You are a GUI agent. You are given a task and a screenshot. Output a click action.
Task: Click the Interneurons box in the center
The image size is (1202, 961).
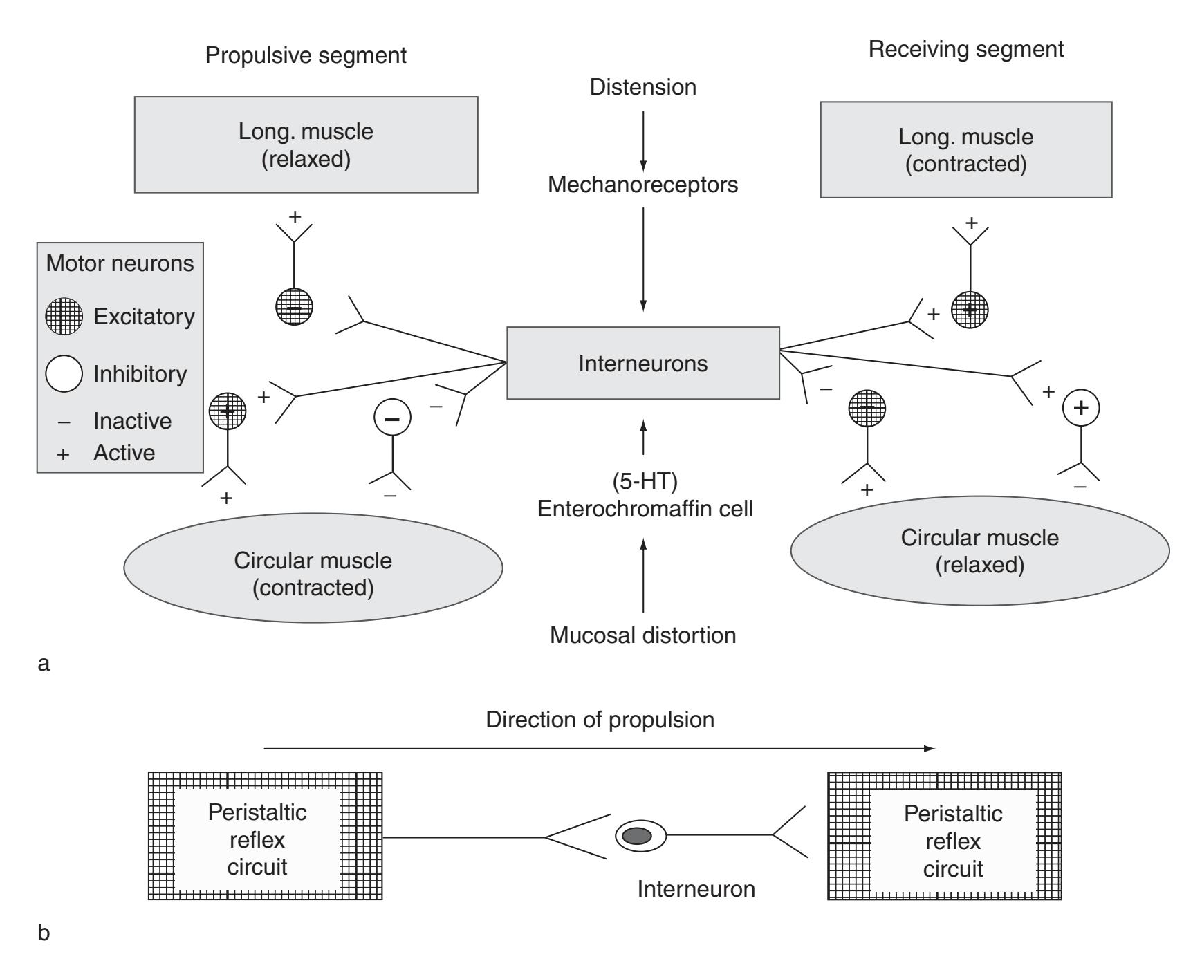pyautogui.click(x=642, y=363)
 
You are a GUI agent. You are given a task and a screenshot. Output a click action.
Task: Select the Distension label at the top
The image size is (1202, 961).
pyautogui.click(x=642, y=87)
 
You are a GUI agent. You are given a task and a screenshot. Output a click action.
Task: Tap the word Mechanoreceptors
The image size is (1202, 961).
pyautogui.click(x=642, y=185)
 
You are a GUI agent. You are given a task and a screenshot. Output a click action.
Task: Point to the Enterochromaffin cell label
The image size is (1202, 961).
pyautogui.click(x=645, y=509)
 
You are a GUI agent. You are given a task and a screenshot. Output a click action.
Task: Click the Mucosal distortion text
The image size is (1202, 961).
pyautogui.click(x=642, y=635)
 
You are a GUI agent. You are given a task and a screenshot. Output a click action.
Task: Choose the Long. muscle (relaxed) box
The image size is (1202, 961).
pyautogui.click(x=306, y=144)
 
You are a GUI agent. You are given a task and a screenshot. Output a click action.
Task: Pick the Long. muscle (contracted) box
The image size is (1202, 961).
pyautogui.click(x=965, y=149)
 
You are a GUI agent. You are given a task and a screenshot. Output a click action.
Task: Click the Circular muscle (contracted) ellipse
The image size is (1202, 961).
pyautogui.click(x=313, y=568)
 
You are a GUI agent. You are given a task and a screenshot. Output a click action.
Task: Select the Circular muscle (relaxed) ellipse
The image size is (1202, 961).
pyautogui.click(x=979, y=551)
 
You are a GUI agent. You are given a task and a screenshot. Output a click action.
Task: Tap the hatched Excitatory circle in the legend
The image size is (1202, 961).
pyautogui.click(x=64, y=317)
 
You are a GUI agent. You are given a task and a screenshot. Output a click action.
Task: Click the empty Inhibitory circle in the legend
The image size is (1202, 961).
pyautogui.click(x=64, y=373)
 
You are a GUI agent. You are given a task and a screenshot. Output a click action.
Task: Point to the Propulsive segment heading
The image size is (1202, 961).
pyautogui.click(x=306, y=55)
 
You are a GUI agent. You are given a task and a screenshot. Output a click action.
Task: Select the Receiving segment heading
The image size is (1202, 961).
pyautogui.click(x=965, y=50)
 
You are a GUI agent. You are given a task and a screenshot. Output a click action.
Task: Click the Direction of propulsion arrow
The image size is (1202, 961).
pyautogui.click(x=599, y=748)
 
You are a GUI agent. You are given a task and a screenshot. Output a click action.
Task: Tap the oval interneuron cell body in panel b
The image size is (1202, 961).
pyautogui.click(x=640, y=836)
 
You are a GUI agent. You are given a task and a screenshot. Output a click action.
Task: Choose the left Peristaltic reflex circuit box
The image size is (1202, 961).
pyautogui.click(x=265, y=836)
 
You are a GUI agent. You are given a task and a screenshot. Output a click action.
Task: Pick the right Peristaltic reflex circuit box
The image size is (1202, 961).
pyautogui.click(x=944, y=836)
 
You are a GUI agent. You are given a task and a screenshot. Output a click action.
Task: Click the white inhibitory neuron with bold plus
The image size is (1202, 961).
pyautogui.click(x=1080, y=408)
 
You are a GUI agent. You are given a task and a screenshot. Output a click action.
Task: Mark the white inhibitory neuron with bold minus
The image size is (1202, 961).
pyautogui.click(x=392, y=418)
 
